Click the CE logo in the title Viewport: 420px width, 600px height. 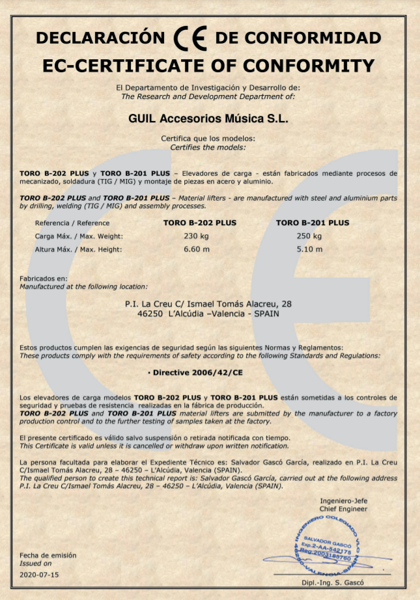[191, 38]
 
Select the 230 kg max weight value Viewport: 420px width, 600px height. [195, 236]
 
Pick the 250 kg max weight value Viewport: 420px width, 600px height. [309, 236]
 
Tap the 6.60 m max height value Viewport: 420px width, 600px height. [195, 249]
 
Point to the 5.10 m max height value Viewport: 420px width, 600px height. [309, 249]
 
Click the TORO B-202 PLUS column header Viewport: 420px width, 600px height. [199, 223]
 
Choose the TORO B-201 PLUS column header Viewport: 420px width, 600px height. [313, 223]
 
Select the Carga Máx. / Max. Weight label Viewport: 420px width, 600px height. [79, 236]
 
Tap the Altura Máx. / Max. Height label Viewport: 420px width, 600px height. [79, 249]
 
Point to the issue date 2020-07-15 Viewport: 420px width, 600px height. [39, 575]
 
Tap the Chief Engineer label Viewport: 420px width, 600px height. [343, 509]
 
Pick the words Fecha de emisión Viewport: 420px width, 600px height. [48, 555]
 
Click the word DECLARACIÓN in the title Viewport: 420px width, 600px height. [101, 38]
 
